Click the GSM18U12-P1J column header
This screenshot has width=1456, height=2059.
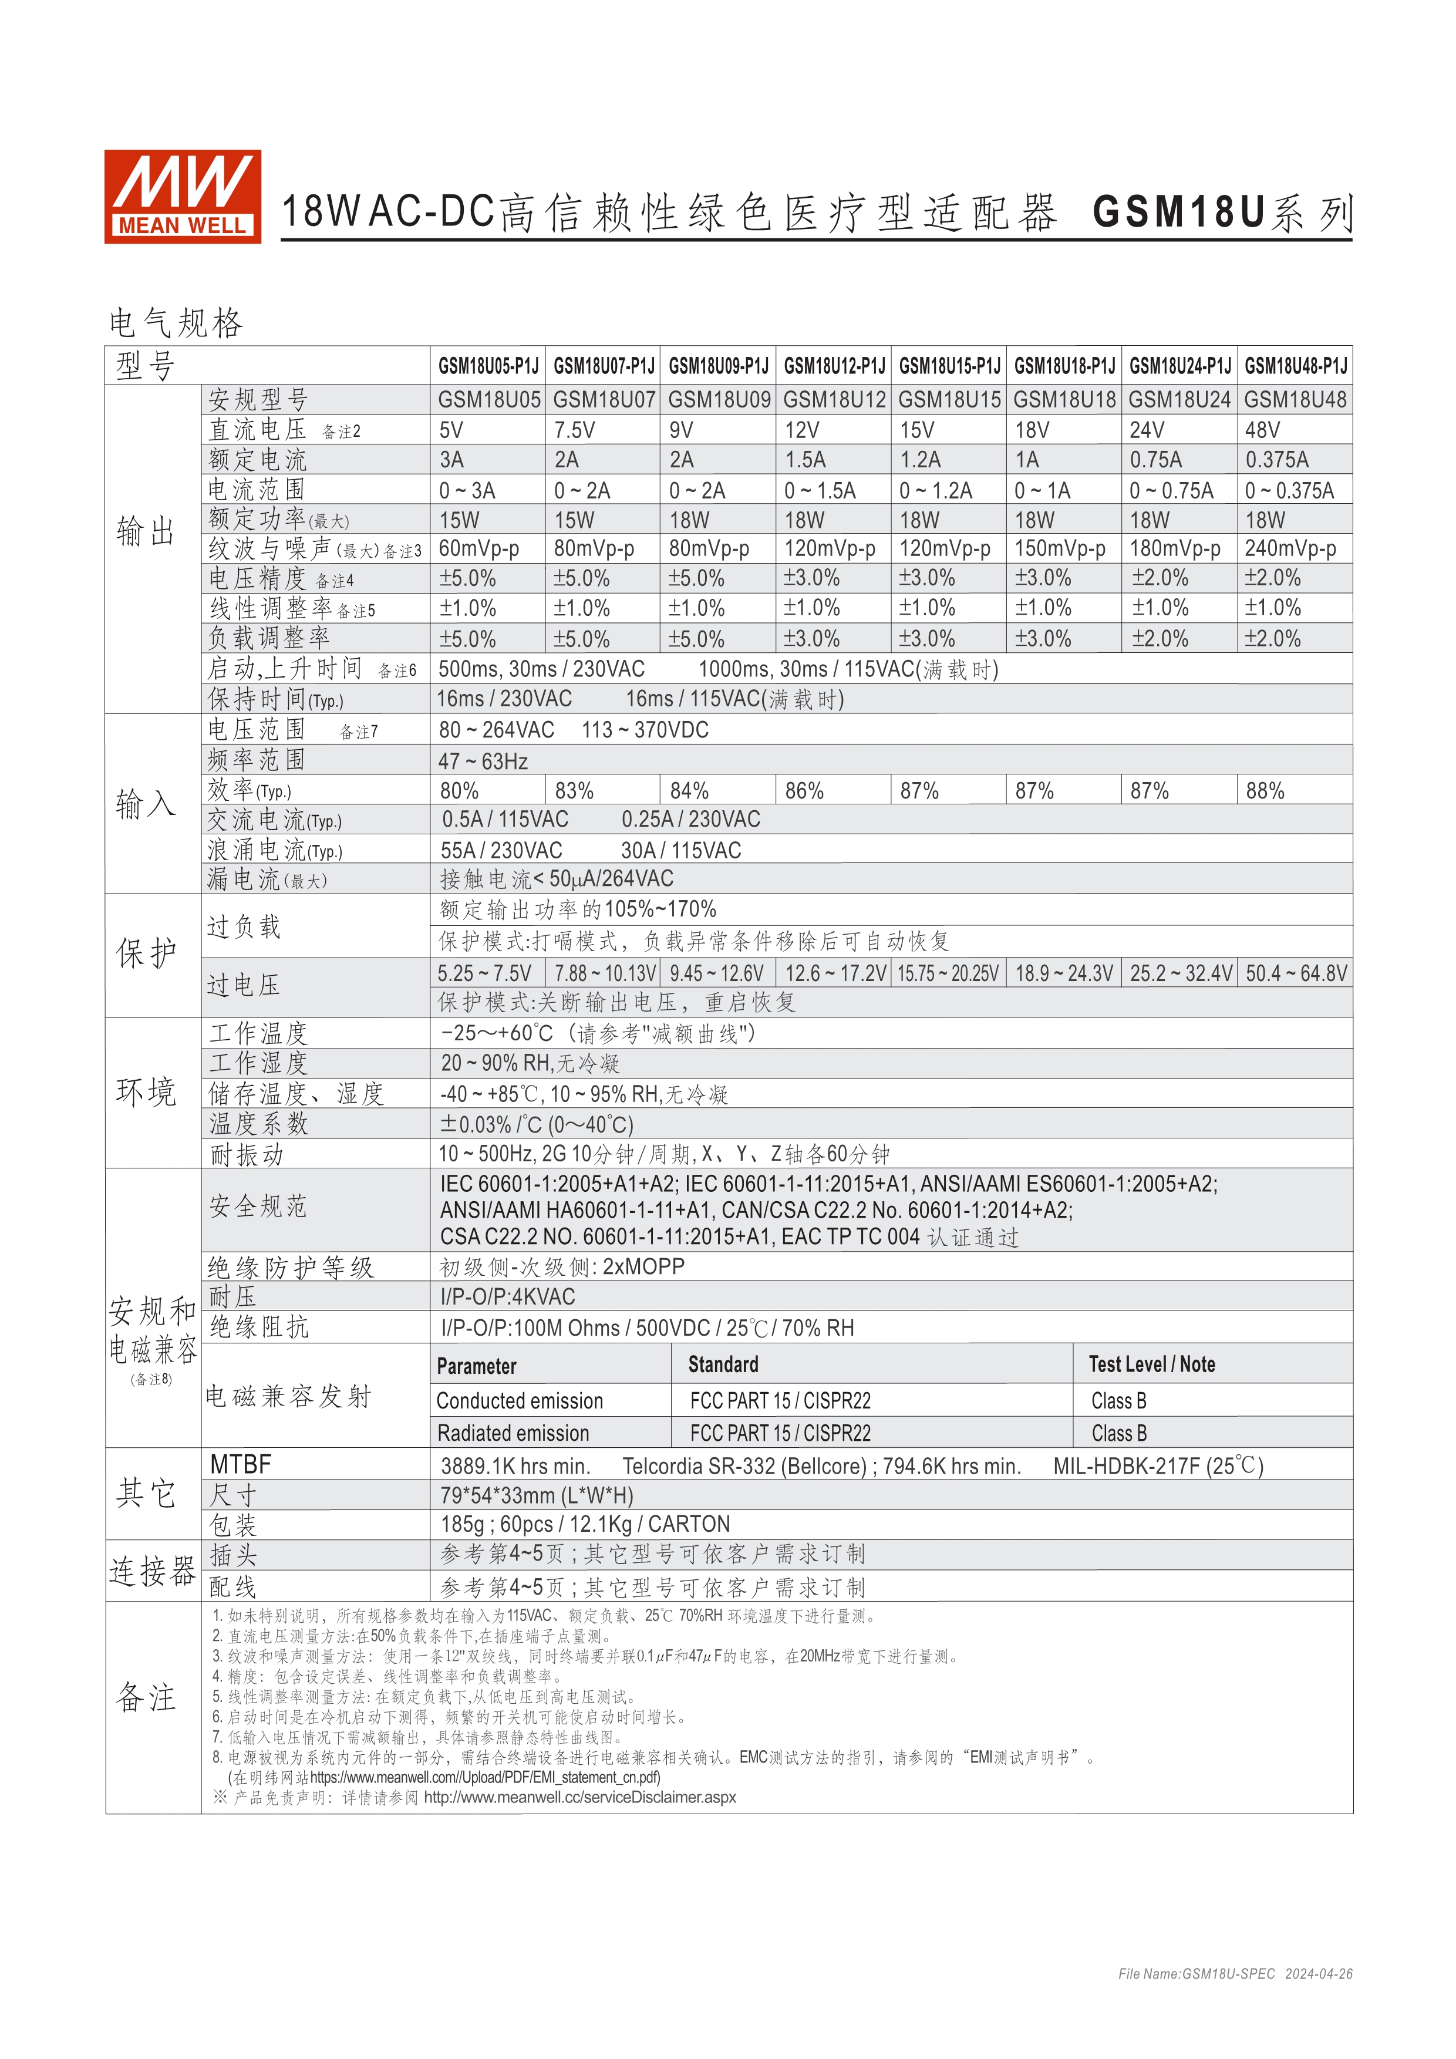click(834, 366)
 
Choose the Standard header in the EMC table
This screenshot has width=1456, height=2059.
click(723, 1365)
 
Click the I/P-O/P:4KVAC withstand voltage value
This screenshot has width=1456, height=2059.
click(507, 1297)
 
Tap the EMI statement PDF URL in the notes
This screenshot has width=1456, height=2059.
click(485, 1777)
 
